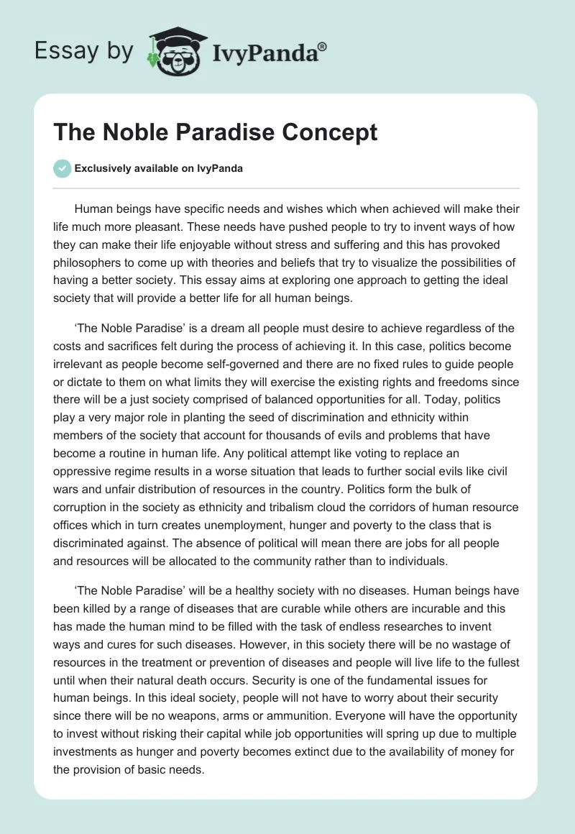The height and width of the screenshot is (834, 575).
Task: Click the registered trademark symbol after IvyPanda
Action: [322, 47]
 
